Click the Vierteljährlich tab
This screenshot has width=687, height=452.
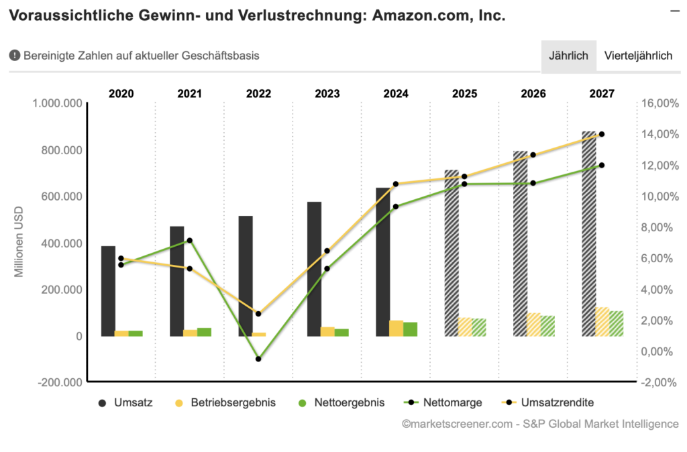coord(638,56)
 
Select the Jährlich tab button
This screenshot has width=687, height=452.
coord(568,56)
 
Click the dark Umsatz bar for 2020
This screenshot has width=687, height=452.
coord(108,291)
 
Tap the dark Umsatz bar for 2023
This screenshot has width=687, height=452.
coord(314,269)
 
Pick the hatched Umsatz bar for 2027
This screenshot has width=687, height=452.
coord(589,234)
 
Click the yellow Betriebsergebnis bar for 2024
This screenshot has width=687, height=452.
coord(397,328)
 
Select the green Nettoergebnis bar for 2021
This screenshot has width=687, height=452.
coord(204,332)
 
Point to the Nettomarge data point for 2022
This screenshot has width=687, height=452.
coord(258,359)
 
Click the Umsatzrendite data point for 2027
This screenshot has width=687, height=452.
coord(602,134)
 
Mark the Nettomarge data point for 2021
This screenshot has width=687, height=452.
coord(190,240)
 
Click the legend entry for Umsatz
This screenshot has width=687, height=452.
coord(126,403)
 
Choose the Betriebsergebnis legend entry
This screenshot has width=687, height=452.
coord(225,403)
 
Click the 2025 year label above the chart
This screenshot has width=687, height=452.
coord(464,94)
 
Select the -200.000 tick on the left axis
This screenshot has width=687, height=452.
coord(60,382)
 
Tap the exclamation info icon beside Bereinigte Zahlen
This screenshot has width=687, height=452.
coord(15,56)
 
